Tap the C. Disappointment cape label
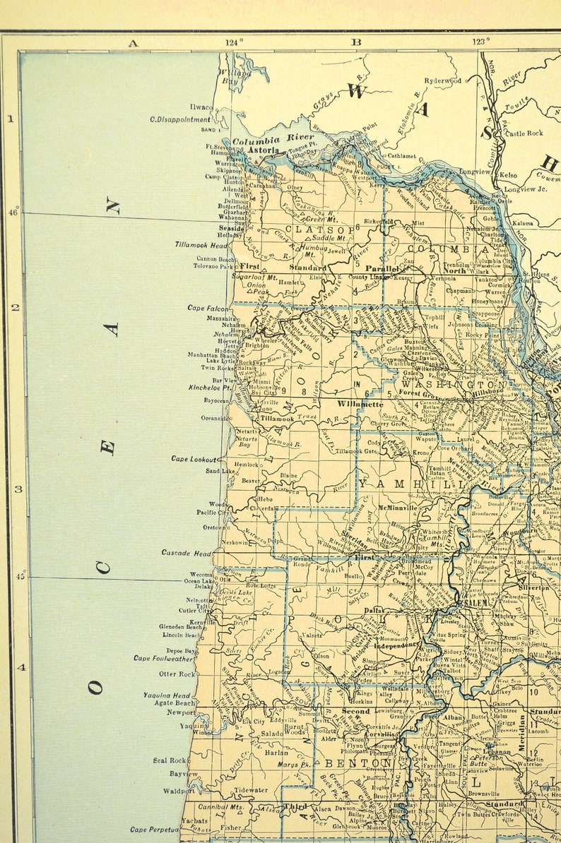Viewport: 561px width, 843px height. [x=180, y=119]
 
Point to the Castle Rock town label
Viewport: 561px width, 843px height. [x=524, y=133]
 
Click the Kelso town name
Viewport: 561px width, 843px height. [x=508, y=174]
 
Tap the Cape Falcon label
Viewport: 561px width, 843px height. [x=208, y=308]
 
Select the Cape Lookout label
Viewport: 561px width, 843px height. [x=194, y=459]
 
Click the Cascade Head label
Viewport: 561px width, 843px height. [x=186, y=553]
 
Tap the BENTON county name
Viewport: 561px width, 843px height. [x=358, y=763]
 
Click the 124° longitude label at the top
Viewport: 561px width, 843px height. [x=235, y=42]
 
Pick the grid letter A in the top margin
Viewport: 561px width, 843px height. [x=132, y=42]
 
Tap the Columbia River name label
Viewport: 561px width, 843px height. [x=273, y=140]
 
